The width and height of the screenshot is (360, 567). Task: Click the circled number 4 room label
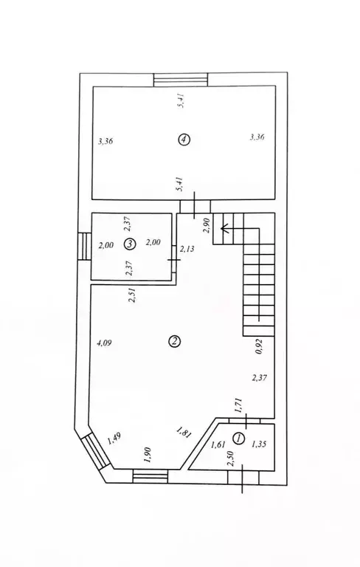pos(184,140)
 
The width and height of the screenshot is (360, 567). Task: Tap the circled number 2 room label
pos(175,341)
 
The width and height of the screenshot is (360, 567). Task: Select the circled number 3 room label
pos(129,244)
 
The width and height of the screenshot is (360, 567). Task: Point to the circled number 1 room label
pos(238,439)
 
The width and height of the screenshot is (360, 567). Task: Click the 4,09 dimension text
pos(104,343)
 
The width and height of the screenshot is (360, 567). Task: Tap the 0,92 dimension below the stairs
pos(259,347)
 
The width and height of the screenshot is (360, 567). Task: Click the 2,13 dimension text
pos(187,249)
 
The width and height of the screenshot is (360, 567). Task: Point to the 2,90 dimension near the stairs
pos(207,226)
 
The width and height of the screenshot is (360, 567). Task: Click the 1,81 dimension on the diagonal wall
pos(183,433)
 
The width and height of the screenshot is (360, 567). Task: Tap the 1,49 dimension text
pos(114,438)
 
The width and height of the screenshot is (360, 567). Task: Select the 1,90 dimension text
pos(147,455)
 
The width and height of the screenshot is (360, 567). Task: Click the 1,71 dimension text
pos(238,405)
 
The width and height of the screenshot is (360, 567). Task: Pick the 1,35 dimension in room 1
pos(259,444)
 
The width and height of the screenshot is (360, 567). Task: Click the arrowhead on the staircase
pos(225,228)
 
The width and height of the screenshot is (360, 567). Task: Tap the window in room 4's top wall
pos(181,80)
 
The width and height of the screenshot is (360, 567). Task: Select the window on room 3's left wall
pos(85,247)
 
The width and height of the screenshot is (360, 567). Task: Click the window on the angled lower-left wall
pos(94,453)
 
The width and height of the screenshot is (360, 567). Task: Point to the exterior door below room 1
pos(243,478)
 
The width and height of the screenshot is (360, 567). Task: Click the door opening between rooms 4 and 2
pos(195,206)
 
